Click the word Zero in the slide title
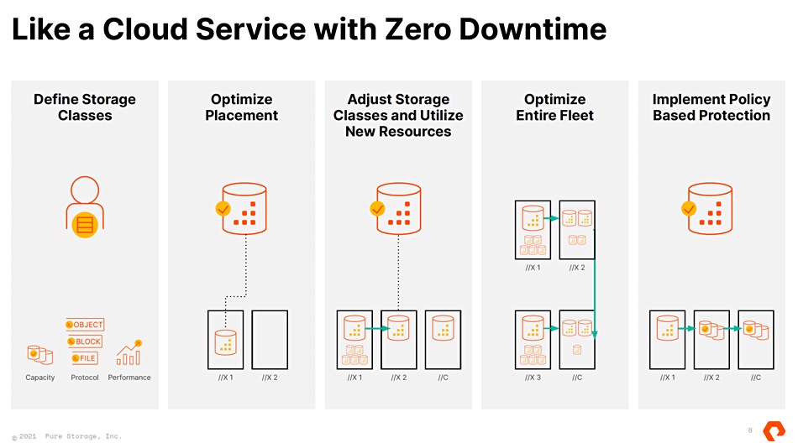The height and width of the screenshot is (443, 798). coord(417,29)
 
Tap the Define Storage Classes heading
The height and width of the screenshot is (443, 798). coord(85,107)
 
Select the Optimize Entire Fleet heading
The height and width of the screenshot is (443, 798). coord(554,107)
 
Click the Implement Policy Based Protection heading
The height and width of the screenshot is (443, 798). coord(711,107)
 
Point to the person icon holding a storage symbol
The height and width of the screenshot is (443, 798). coord(85,206)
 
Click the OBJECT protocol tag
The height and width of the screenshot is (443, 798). coord(85,325)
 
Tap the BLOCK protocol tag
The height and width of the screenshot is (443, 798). coord(85,341)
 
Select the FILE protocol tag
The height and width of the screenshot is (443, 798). coord(85,358)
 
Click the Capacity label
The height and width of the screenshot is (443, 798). coord(40,378)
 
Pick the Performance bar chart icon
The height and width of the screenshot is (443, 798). coord(129,352)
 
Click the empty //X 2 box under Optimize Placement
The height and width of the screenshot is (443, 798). coord(270,340)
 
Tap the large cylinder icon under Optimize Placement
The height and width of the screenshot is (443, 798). coord(244,209)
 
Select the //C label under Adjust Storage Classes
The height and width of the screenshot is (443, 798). coord(443,378)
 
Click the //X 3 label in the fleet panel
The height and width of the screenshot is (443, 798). coord(533,378)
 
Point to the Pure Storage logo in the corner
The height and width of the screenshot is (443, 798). coord(774,430)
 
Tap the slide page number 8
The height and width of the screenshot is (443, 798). coord(749,430)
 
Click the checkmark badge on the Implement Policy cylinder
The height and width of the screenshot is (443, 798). coord(689,209)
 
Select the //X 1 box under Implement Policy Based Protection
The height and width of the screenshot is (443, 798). coord(667,340)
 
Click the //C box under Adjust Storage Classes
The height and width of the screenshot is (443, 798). coord(443,340)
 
